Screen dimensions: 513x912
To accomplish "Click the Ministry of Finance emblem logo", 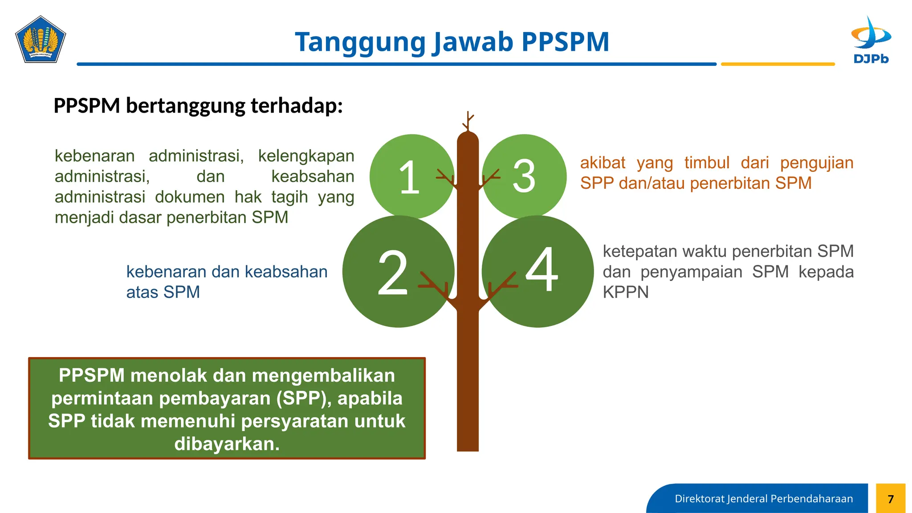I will coord(41,40).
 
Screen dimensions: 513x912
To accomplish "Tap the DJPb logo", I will coord(871,40).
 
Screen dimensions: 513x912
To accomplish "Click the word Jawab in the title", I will coord(473,42).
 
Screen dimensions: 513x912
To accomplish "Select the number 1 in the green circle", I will coord(409,177).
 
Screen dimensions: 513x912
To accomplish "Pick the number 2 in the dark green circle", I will coord(392,273).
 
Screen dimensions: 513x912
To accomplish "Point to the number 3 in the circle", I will coord(524,176).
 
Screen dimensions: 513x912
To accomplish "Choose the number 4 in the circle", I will coord(541,269).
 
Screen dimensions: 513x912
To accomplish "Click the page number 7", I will coord(891,499).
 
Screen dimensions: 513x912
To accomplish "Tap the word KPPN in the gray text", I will coord(626,293).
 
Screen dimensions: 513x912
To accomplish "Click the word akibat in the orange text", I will coord(603,163).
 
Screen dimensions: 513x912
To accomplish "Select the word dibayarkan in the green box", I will coord(227,444).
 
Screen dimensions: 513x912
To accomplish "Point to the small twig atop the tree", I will coord(468,121).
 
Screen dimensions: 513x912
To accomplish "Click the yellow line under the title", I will coord(778,64).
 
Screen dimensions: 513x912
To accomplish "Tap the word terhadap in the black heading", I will coord(297,106).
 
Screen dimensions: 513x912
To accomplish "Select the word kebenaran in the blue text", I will coord(166,272).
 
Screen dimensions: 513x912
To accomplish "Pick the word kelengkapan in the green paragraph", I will coord(306,156).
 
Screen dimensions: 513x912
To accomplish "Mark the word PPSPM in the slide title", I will coord(565,42).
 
